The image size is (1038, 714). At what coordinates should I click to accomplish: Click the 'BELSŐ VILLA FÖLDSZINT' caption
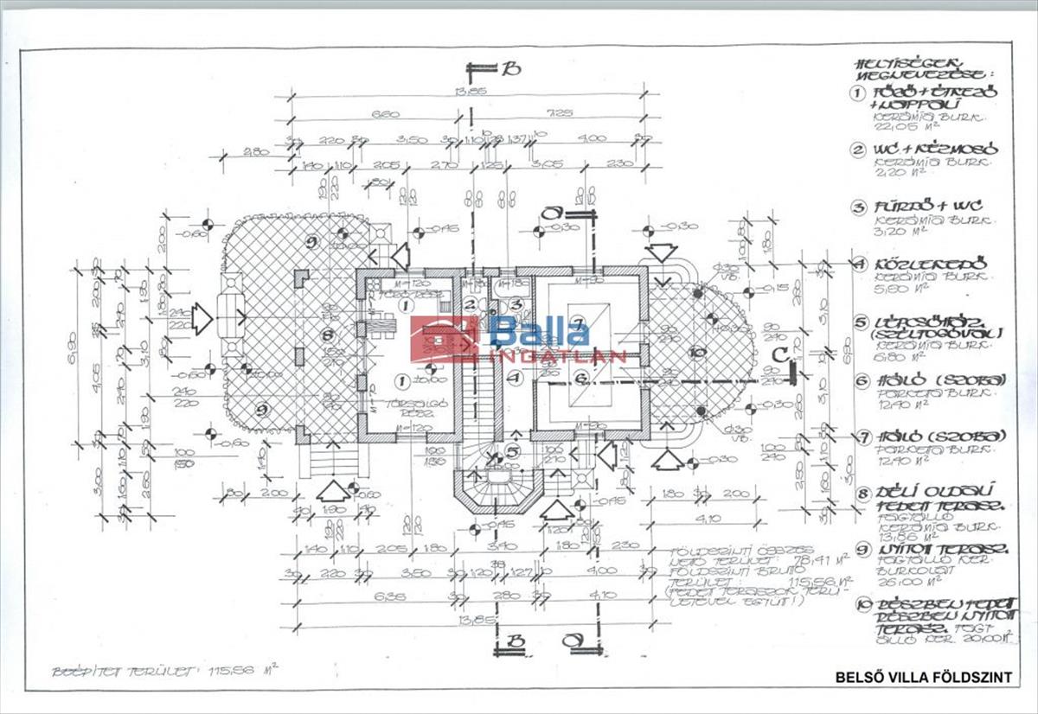coord(923,678)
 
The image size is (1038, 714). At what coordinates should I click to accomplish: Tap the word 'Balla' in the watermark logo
coord(541,332)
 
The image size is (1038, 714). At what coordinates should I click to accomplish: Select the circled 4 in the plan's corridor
coord(515,378)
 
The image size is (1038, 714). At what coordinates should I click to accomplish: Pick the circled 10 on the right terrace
coord(698,352)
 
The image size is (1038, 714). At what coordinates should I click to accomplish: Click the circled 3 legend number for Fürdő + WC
coord(858,208)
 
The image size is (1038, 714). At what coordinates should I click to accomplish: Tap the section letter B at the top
coord(512,69)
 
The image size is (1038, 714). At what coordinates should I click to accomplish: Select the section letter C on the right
coord(779,354)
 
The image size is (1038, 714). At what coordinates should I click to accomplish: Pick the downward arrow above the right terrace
coord(663,253)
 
